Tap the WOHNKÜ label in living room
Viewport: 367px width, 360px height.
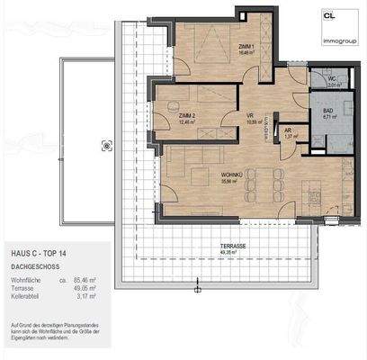tap(222, 175)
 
